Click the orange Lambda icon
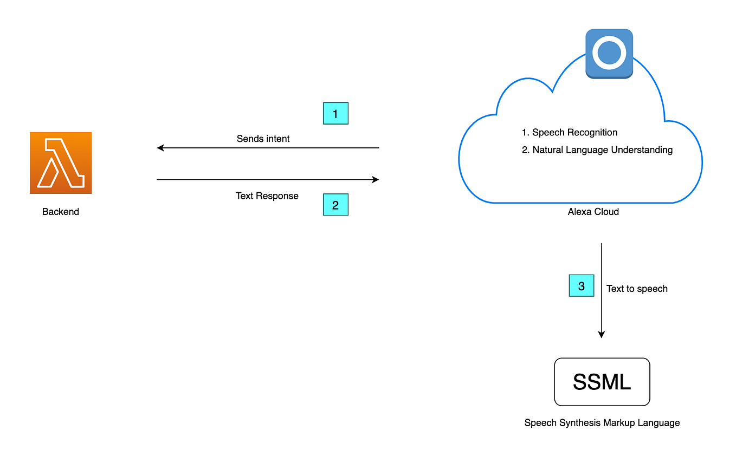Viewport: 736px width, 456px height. (x=61, y=162)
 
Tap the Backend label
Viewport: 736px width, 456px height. (x=61, y=212)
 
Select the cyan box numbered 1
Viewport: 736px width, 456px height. (x=335, y=114)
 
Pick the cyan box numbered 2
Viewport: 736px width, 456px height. (x=335, y=205)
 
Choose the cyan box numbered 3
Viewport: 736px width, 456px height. (x=582, y=286)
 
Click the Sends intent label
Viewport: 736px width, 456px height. (x=263, y=139)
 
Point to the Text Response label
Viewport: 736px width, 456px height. (x=267, y=196)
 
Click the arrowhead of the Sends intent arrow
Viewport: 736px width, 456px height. (x=160, y=148)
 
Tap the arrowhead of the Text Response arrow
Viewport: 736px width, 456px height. (x=375, y=180)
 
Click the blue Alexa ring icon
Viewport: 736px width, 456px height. (x=609, y=53)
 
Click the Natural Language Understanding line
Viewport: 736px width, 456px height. (x=597, y=150)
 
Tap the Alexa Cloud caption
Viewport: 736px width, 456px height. (x=593, y=212)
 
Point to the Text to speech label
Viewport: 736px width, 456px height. (x=637, y=289)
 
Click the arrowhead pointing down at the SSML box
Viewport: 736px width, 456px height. (x=601, y=335)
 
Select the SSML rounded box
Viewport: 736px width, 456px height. (x=602, y=382)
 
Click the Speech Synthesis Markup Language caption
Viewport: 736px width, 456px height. (x=602, y=422)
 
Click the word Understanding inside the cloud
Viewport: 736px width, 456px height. (x=642, y=150)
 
